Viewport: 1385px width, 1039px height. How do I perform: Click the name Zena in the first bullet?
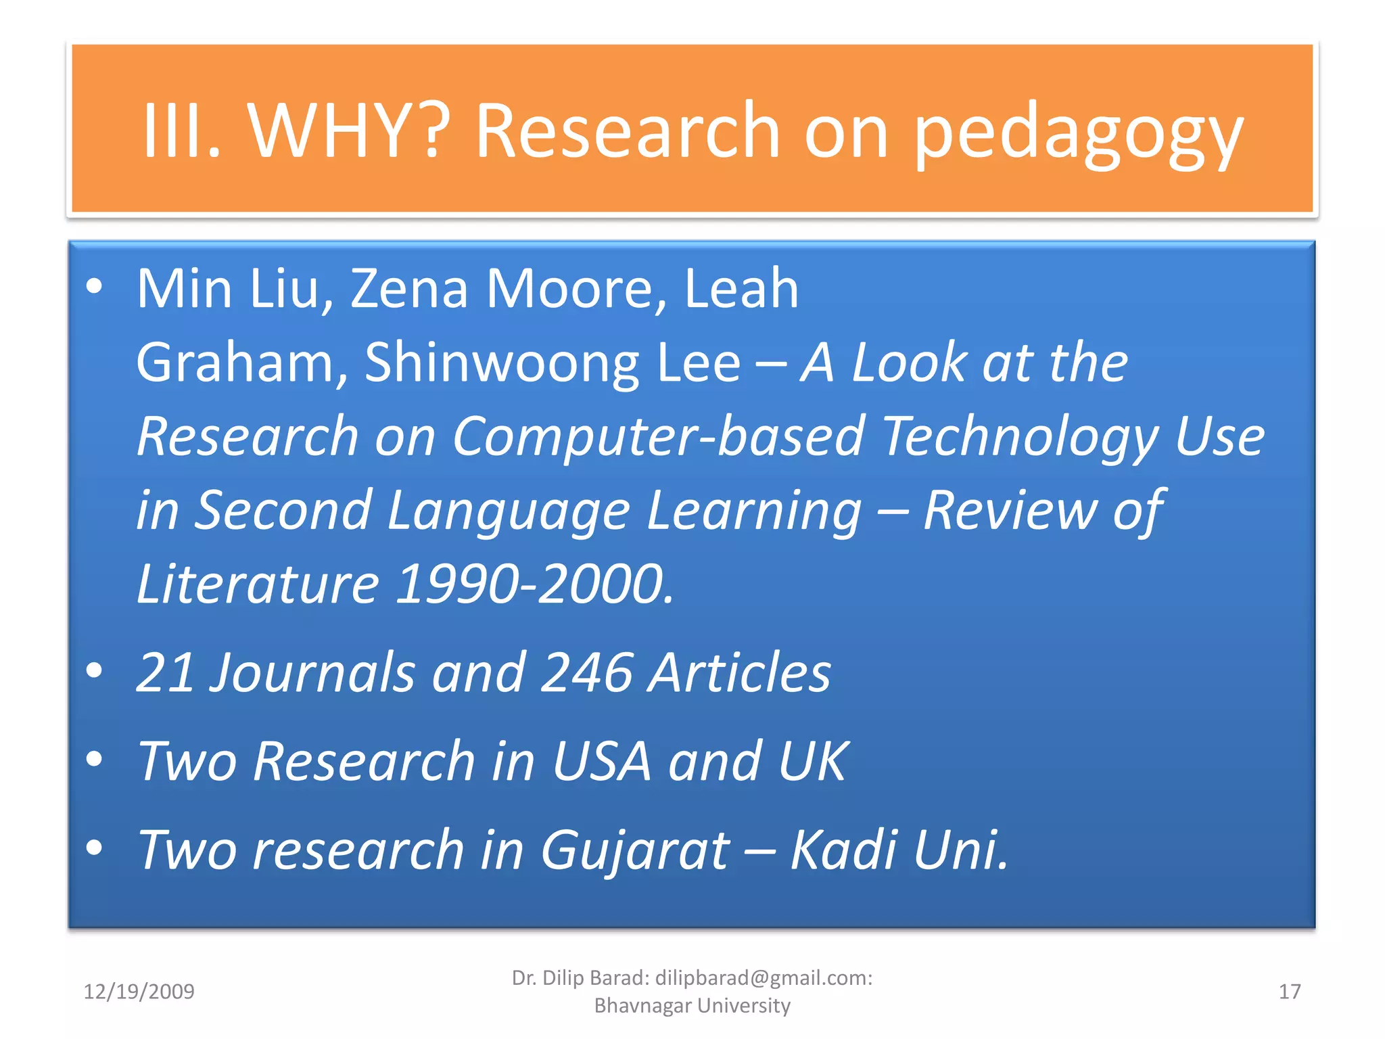[x=408, y=289]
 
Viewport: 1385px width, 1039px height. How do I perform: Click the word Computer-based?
[x=658, y=436]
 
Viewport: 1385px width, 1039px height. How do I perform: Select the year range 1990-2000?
[x=534, y=583]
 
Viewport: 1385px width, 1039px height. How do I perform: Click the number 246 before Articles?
[x=587, y=672]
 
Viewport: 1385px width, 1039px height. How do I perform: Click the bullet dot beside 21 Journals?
[x=95, y=670]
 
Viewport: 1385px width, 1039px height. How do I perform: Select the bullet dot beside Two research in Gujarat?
[x=95, y=847]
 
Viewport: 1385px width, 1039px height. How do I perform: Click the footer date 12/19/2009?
[x=139, y=992]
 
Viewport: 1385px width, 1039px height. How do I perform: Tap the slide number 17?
[x=1289, y=992]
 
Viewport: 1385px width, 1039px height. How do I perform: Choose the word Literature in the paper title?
[x=258, y=583]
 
